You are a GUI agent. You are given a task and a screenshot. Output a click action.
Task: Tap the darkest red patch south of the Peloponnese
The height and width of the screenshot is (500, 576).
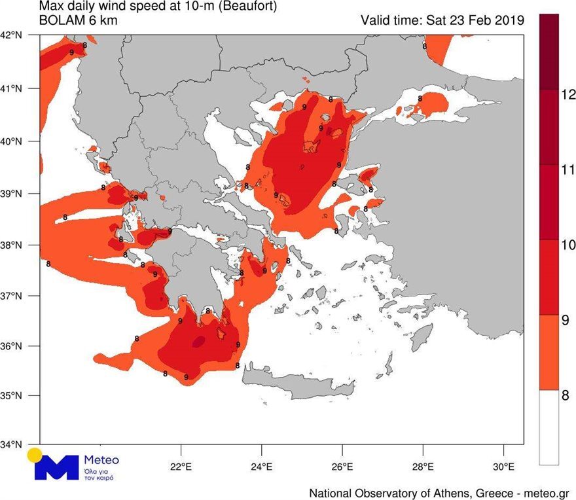[x=198, y=341]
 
